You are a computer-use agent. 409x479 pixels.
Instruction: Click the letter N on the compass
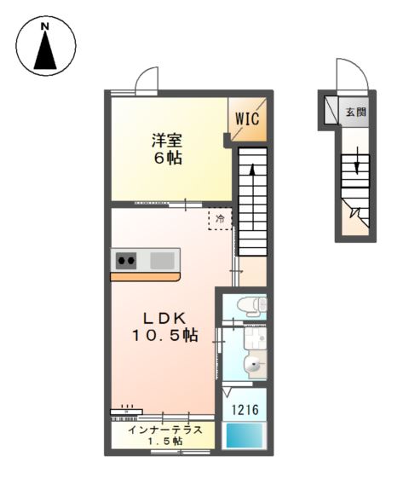(x=45, y=27)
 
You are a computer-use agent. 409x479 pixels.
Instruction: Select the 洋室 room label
(x=169, y=140)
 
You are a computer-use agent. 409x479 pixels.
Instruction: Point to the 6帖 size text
(x=169, y=159)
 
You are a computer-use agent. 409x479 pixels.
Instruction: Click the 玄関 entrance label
(x=355, y=111)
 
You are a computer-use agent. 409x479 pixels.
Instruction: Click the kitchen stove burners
(x=127, y=260)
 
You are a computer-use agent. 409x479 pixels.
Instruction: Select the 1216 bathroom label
(x=246, y=410)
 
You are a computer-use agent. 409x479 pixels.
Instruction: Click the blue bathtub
(x=246, y=436)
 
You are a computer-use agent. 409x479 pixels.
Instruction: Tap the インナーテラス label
(x=165, y=430)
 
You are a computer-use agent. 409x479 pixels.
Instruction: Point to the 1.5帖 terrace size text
(x=165, y=441)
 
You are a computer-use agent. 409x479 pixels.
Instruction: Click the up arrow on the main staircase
(x=252, y=170)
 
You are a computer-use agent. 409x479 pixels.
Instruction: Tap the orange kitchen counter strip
(x=145, y=276)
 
